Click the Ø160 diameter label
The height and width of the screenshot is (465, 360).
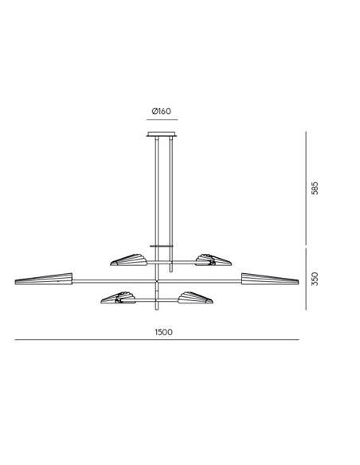(x=162, y=111)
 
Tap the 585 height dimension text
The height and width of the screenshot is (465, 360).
(x=315, y=188)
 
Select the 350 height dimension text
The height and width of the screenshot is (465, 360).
(x=315, y=279)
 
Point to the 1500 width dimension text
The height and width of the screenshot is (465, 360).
(x=163, y=332)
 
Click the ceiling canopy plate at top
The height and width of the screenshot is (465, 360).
(x=162, y=135)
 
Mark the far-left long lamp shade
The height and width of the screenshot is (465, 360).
(x=44, y=279)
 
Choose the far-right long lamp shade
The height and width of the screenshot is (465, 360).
(x=270, y=279)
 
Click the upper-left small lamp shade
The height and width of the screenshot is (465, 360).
(x=129, y=260)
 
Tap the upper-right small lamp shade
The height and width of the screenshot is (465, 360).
(x=213, y=260)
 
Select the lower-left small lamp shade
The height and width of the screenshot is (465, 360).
(x=118, y=298)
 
